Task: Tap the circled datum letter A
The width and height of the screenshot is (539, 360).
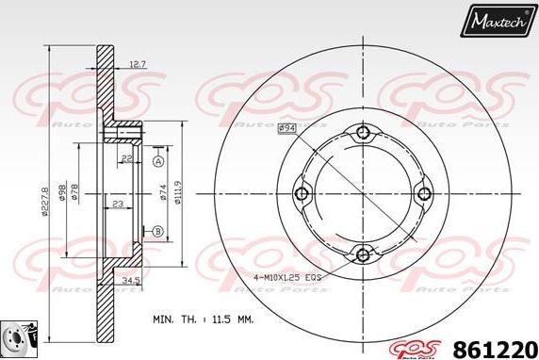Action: coord(157,162)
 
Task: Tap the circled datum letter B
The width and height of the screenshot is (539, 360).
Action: coord(157,232)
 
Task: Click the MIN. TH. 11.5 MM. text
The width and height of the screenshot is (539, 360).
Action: coord(203,320)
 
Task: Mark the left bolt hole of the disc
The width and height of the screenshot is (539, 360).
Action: coord(302,193)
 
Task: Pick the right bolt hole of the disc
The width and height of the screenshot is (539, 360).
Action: coord(423,193)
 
